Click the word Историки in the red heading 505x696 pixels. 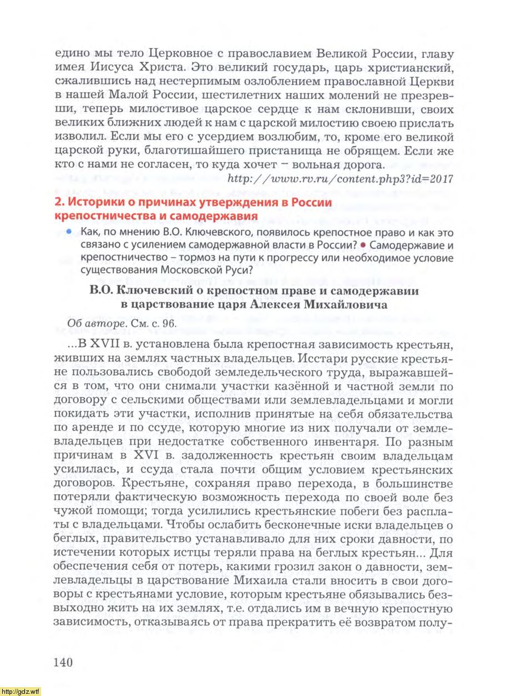pyautogui.click(x=90, y=203)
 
